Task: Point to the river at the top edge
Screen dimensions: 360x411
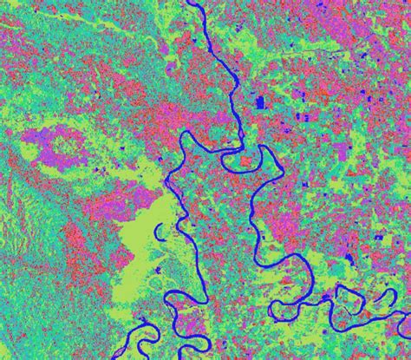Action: click(x=192, y=4)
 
